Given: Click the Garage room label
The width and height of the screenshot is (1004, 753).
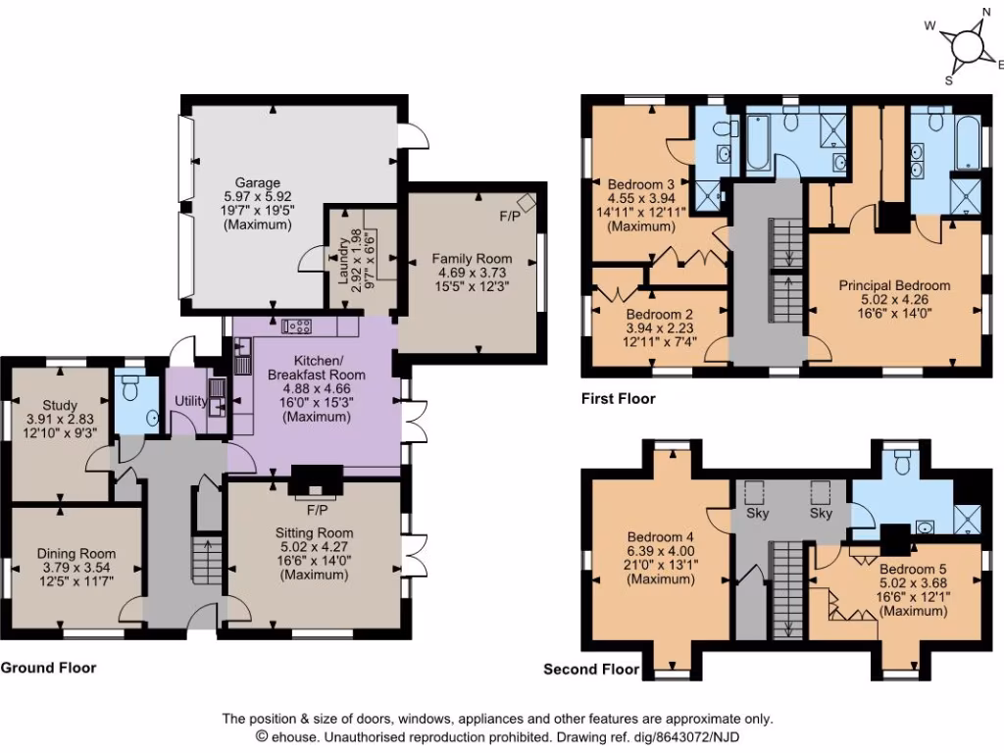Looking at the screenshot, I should pyautogui.click(x=257, y=182).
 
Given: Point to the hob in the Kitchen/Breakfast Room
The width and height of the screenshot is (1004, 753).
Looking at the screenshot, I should pyautogui.click(x=295, y=326).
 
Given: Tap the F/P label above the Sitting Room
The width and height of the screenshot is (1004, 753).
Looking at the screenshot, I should pyautogui.click(x=316, y=511).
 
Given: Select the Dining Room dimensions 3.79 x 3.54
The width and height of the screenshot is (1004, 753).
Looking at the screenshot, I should pyautogui.click(x=76, y=567).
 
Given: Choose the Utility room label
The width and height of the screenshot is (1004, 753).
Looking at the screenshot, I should pyautogui.click(x=190, y=402).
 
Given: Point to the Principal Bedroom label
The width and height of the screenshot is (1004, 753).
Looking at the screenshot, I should pyautogui.click(x=894, y=285).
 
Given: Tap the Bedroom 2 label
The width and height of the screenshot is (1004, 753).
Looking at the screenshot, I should pyautogui.click(x=660, y=314).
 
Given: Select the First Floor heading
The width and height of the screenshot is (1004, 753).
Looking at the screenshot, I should pyautogui.click(x=618, y=399).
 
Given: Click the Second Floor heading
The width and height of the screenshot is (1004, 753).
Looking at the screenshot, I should pyautogui.click(x=590, y=671).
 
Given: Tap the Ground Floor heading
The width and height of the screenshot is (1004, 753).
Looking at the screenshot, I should pyautogui.click(x=48, y=668).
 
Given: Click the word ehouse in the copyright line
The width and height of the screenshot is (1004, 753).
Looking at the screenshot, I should pyautogui.click(x=291, y=735).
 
